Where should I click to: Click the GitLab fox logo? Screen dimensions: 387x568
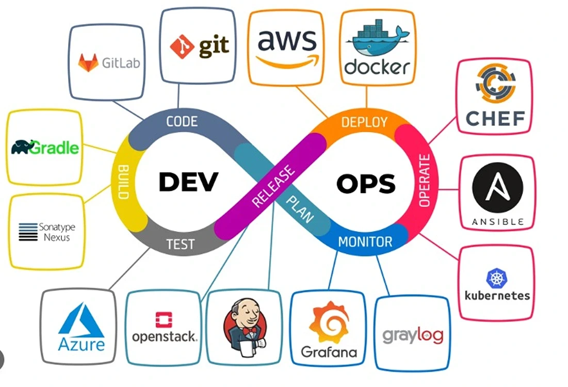click(88, 62)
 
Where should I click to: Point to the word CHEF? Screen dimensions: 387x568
click(495, 118)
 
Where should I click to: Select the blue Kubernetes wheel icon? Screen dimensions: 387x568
click(497, 278)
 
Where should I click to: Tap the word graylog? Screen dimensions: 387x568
click(412, 335)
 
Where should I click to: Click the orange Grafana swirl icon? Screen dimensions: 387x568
click(329, 323)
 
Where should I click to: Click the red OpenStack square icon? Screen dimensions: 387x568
click(164, 320)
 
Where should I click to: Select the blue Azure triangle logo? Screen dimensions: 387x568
click(82, 321)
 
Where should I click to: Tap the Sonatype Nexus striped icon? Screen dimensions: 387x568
click(28, 232)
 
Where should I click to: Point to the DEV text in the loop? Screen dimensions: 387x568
click(189, 182)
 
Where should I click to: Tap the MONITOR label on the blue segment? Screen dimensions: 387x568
click(365, 241)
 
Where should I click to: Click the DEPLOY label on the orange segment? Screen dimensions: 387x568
click(364, 122)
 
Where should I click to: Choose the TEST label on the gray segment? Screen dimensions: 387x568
click(181, 244)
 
